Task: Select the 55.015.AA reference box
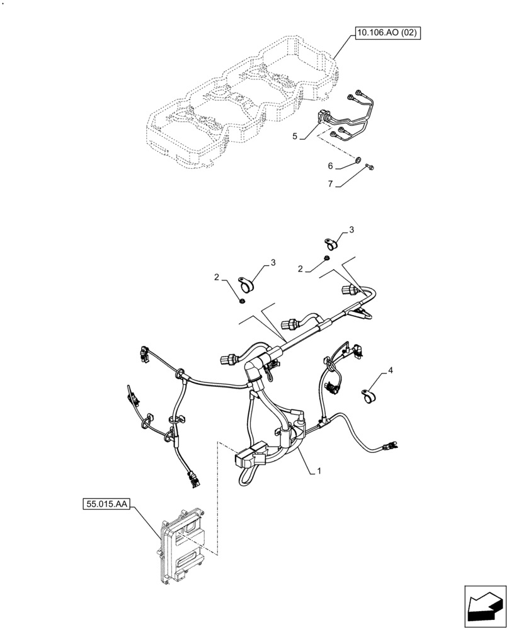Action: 105,505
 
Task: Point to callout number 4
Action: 391,371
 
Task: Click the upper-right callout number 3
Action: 352,230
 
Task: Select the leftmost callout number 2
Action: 216,277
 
